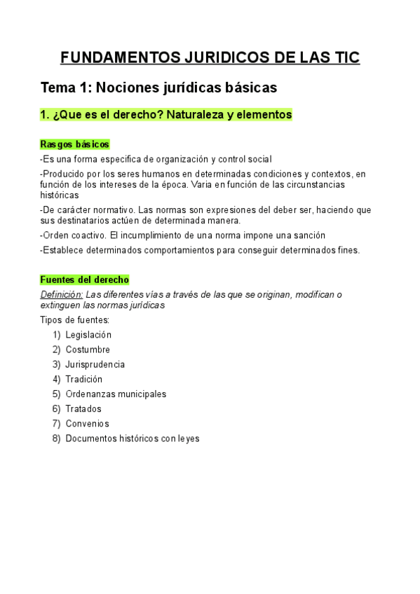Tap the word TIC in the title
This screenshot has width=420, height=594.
click(x=344, y=57)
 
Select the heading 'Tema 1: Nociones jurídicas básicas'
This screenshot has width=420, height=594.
click(x=159, y=88)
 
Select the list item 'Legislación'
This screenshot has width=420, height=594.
click(x=88, y=335)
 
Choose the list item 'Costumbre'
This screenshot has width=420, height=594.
click(x=88, y=350)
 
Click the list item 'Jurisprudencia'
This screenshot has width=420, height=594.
click(x=95, y=364)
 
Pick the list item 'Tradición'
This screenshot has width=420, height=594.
click(x=84, y=379)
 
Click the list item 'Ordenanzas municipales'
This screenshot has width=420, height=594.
click(x=116, y=394)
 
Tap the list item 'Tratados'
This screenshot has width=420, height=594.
click(x=83, y=408)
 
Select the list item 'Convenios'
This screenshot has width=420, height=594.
click(x=88, y=423)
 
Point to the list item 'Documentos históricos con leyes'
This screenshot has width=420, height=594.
click(x=133, y=438)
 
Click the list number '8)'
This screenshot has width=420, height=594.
click(x=56, y=438)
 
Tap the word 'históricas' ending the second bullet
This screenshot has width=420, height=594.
click(x=60, y=195)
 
